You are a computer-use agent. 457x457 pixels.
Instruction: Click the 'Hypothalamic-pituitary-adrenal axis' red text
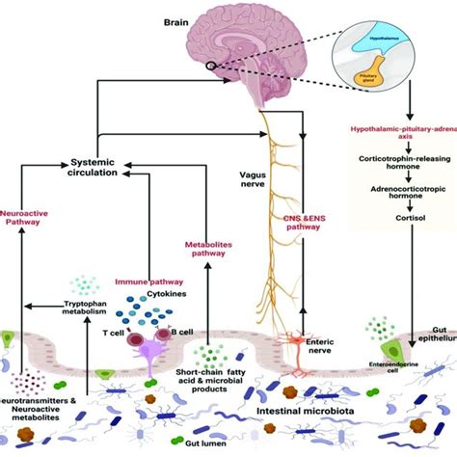tap(408, 144)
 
